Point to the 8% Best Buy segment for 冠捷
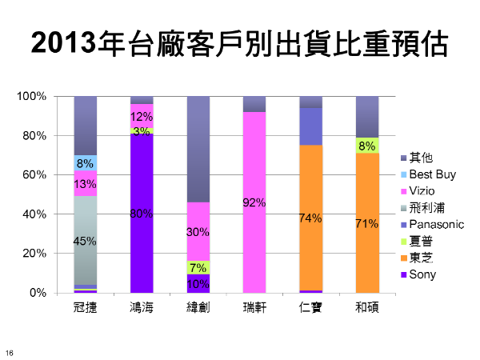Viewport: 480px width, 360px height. (86, 163)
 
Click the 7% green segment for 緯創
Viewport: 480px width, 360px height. (198, 267)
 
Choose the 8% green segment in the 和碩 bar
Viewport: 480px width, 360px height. (367, 146)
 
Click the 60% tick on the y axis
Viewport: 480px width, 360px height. (38, 175)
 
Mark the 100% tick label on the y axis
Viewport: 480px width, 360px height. (34, 97)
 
